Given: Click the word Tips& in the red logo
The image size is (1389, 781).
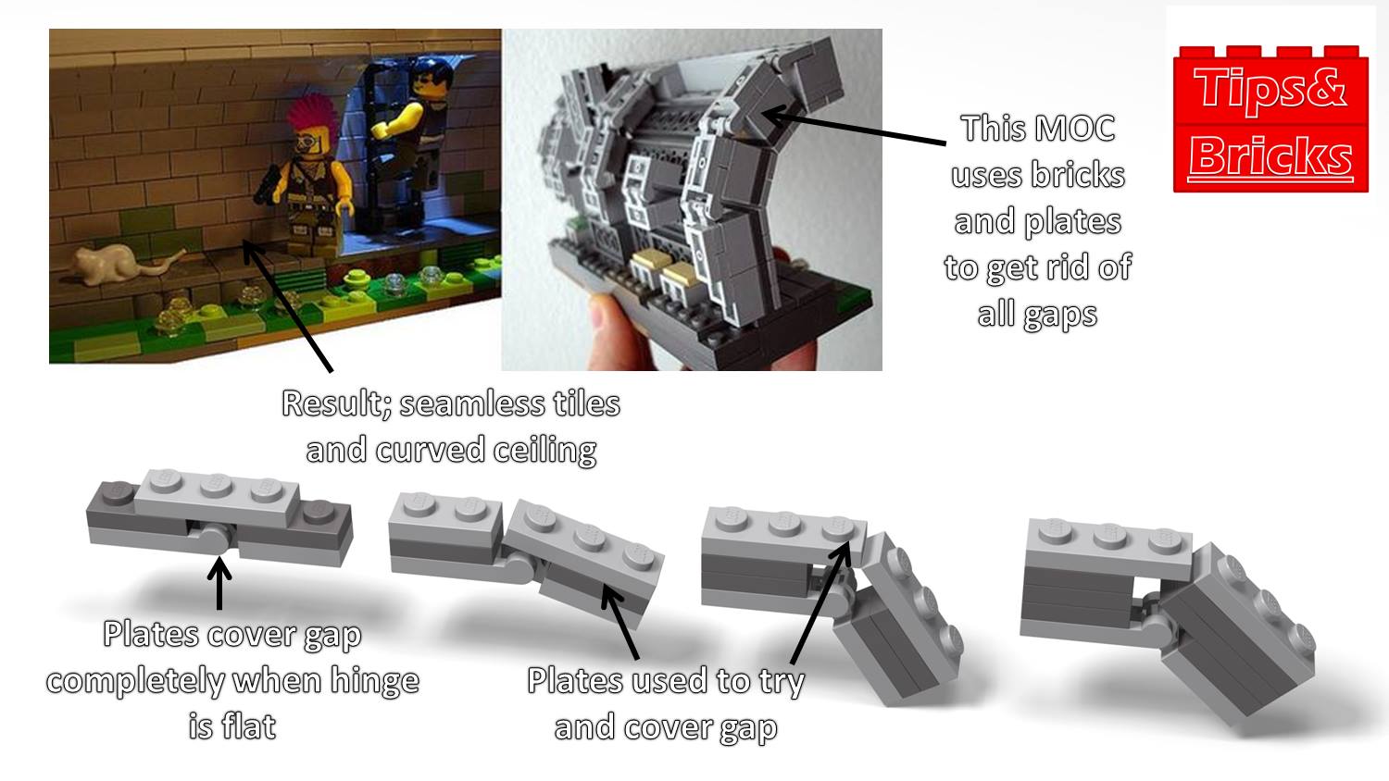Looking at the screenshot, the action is (x=1270, y=90).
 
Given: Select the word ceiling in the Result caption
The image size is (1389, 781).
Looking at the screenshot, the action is (x=544, y=450).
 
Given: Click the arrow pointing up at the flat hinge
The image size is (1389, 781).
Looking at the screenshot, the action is (x=219, y=583).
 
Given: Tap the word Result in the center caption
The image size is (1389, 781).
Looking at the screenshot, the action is (x=336, y=404).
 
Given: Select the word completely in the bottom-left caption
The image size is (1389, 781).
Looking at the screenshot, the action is (x=135, y=681).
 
